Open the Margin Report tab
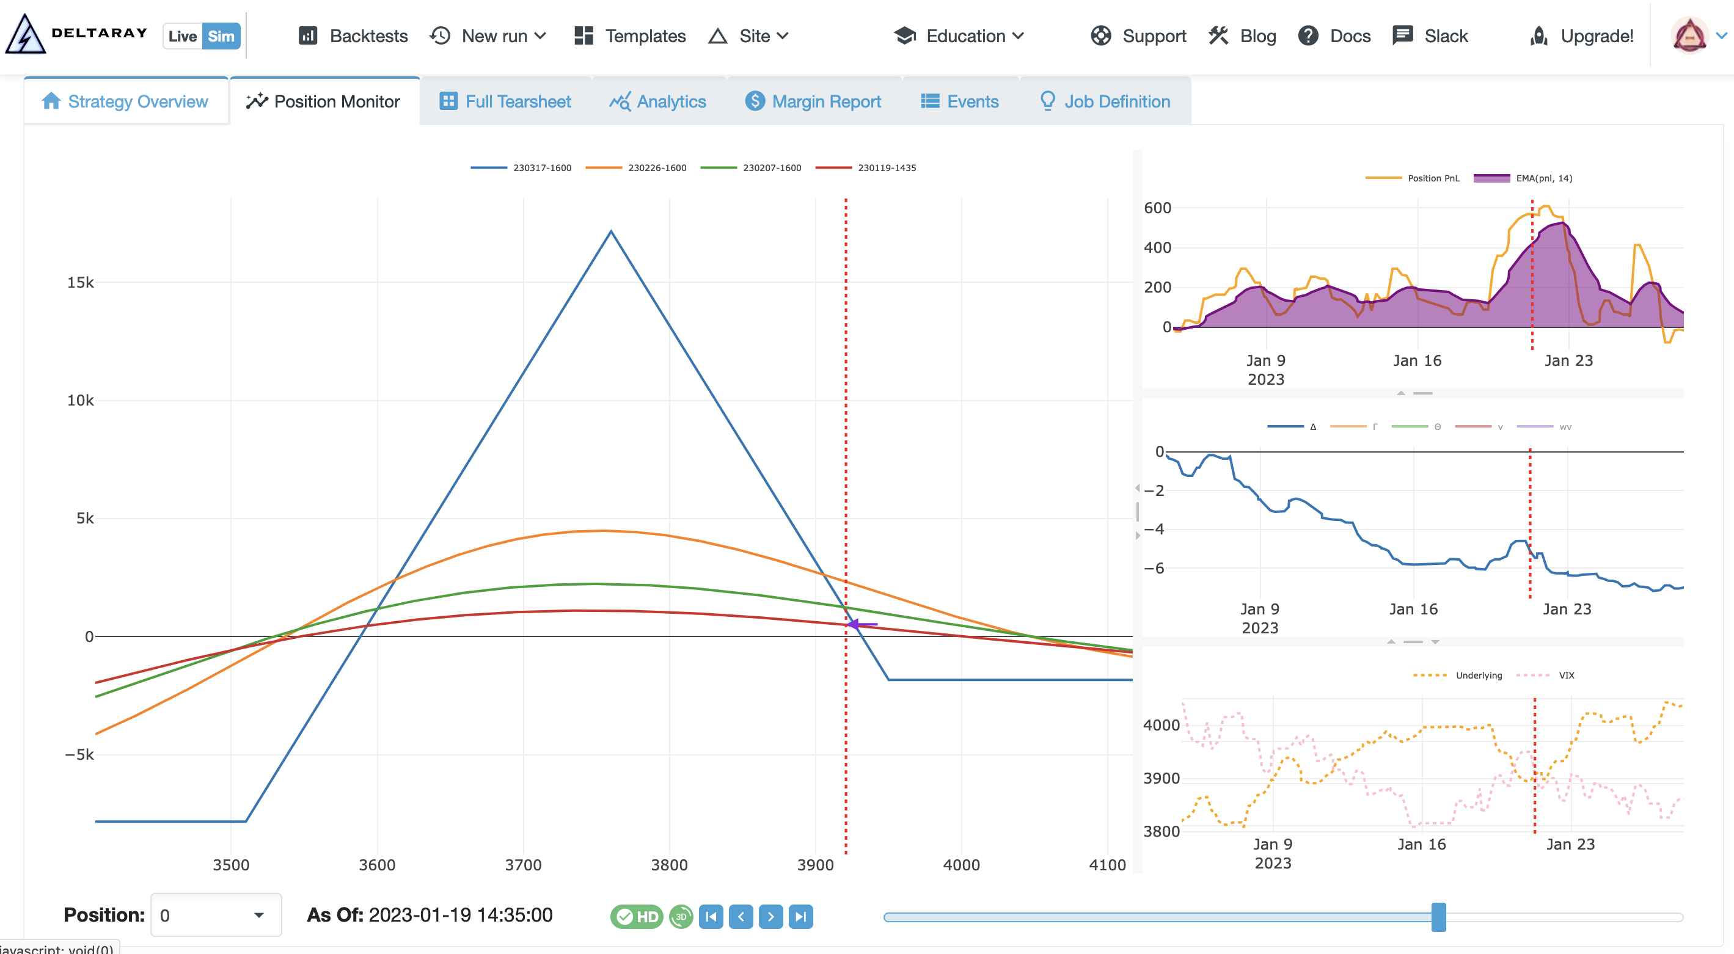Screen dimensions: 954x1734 (813, 101)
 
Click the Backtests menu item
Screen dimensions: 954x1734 (353, 35)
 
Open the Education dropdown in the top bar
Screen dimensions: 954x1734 (959, 35)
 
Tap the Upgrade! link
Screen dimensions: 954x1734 (1582, 35)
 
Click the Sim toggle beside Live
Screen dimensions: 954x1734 (221, 35)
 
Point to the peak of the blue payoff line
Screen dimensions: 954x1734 (610, 231)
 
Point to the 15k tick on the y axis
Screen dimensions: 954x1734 (80, 283)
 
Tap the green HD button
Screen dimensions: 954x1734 (637, 916)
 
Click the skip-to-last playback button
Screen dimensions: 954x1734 (800, 916)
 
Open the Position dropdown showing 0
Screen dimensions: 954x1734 (216, 915)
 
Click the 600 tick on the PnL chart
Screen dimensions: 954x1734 (1157, 208)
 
